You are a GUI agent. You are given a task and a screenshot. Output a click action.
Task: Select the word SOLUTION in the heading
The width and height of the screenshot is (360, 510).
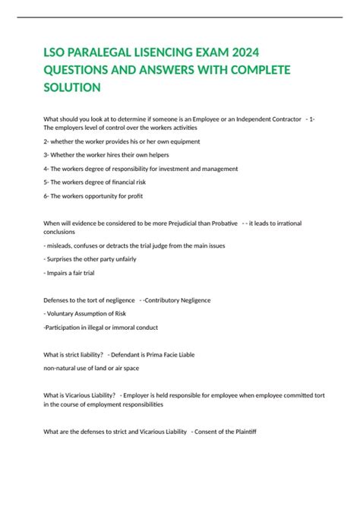[73, 87]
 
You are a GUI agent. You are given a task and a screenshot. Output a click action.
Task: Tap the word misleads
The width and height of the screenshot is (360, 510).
[62, 245]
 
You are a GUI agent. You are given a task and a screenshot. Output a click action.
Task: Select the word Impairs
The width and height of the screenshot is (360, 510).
[60, 273]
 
